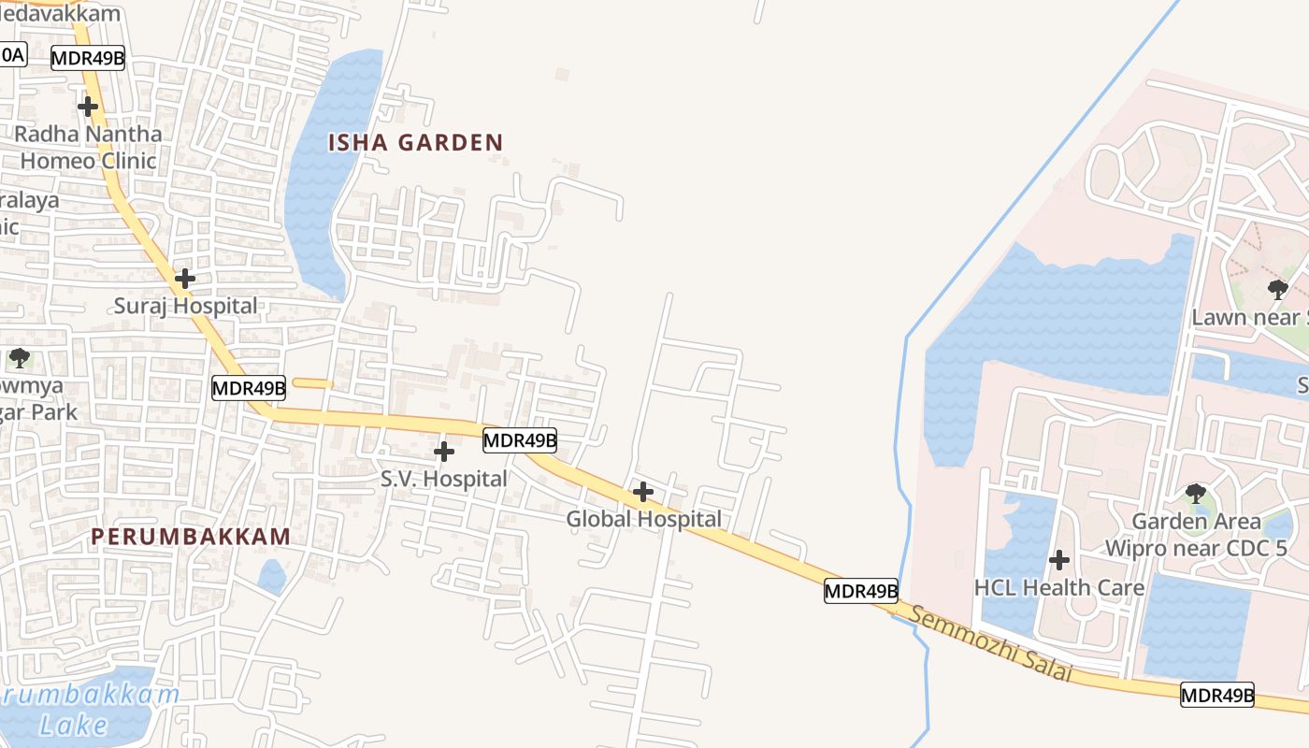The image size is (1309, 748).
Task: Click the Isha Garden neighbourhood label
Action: point(415,143)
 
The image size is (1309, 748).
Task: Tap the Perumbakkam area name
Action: point(191,537)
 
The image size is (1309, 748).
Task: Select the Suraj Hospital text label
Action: point(185,306)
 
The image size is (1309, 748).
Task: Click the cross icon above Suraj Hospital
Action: point(185,278)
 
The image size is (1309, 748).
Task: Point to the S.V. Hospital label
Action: point(443,480)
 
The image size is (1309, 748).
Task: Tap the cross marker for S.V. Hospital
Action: point(444,452)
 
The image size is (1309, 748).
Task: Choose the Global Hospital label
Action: point(644,519)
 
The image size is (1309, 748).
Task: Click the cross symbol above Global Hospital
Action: point(643,491)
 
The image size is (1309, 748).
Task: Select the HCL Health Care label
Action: point(1059,588)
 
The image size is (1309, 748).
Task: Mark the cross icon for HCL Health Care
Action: point(1059,560)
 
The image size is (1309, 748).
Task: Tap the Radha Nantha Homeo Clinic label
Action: point(88,147)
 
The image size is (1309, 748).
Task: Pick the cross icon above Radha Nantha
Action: point(88,107)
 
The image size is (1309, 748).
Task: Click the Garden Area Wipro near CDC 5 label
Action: point(1196,534)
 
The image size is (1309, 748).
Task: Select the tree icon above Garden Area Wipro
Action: point(1195,493)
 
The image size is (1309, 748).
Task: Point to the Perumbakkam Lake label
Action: point(90,709)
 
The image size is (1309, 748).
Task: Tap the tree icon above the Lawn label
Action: point(1277,289)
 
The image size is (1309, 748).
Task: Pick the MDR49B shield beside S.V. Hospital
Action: point(520,439)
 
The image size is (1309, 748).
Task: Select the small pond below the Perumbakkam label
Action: point(272,576)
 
